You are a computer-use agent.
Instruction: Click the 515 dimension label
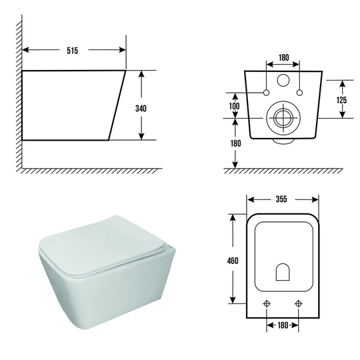point(72,50)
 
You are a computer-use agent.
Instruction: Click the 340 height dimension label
point(141,109)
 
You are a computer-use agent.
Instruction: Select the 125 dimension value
point(341,100)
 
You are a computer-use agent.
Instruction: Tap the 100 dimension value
point(235,106)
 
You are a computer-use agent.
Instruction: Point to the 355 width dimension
point(281,199)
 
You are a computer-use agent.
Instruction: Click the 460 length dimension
point(233,261)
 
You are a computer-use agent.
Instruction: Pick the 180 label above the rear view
point(284,57)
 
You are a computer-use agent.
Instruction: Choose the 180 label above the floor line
point(236,143)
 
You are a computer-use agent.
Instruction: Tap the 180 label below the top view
point(283,325)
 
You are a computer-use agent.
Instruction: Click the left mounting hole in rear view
point(266,93)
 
